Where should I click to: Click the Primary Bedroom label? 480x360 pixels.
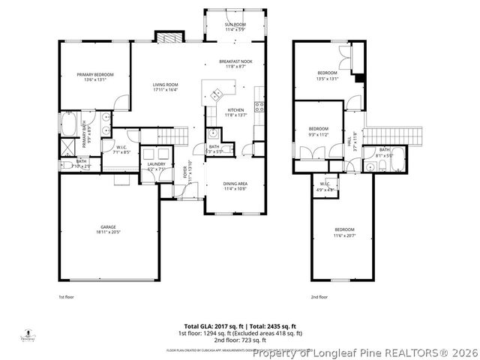94,75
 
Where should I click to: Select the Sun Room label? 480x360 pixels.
235,25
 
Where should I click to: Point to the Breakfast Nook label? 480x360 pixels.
235,61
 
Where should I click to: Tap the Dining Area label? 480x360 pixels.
235,183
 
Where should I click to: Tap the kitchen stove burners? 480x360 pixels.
259,106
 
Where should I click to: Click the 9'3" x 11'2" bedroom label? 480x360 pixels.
319,129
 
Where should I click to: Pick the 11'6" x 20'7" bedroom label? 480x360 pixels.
344,229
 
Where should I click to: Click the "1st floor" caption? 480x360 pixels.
67,297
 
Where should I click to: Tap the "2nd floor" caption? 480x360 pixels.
319,297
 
